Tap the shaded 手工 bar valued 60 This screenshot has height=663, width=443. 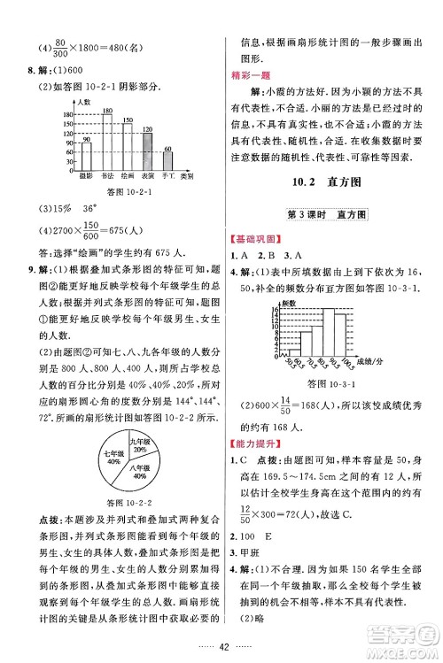click(167, 164)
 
